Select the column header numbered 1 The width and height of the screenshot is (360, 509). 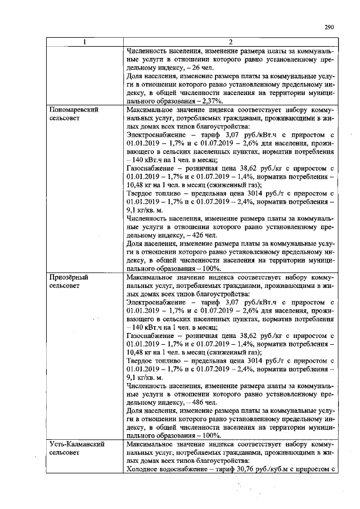point(85,42)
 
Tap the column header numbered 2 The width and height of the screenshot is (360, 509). point(230,42)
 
